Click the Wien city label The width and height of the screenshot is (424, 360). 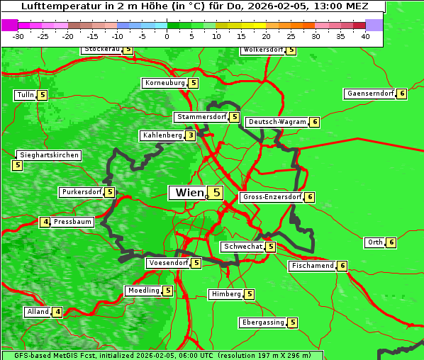coord(188,193)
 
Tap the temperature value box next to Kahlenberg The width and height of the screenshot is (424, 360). coord(191,135)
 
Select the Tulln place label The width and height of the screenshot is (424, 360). coord(25,95)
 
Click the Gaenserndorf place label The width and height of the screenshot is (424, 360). coord(369,94)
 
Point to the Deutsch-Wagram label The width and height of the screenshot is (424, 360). coord(277,122)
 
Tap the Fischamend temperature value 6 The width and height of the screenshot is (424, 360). coord(342,266)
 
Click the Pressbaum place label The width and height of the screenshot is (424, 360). coord(73,222)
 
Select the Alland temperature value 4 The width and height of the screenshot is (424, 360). coord(57,312)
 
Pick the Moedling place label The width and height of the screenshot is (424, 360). coord(143,291)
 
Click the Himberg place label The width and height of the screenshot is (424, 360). coord(226,294)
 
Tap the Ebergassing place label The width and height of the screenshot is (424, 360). coord(263,322)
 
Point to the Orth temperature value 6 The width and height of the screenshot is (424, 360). coord(391,242)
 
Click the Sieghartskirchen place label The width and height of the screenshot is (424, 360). coord(49,155)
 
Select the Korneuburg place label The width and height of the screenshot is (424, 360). coord(165,83)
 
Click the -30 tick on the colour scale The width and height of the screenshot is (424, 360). coord(18,36)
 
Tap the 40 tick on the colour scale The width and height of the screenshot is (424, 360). coord(365,36)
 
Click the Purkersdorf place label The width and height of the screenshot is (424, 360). coord(82,192)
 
